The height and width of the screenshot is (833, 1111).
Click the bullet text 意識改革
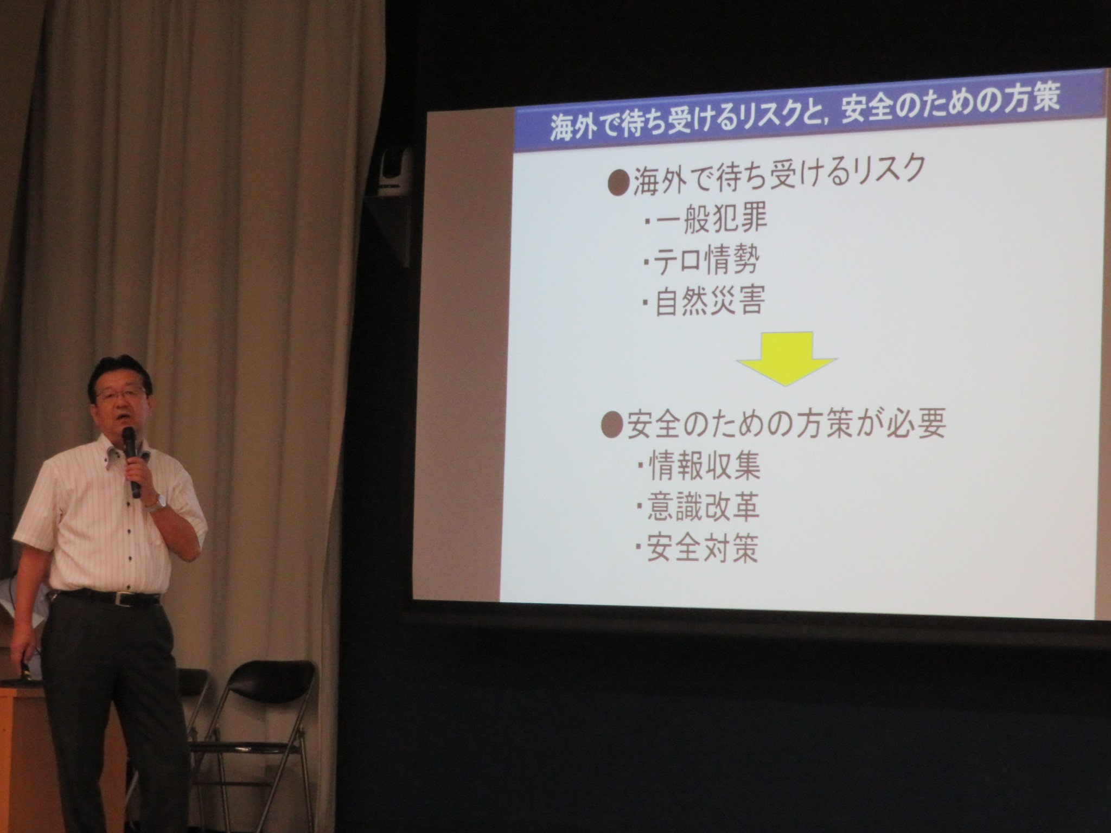pyautogui.click(x=698, y=505)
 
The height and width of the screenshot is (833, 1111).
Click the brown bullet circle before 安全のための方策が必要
pyautogui.click(x=612, y=427)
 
